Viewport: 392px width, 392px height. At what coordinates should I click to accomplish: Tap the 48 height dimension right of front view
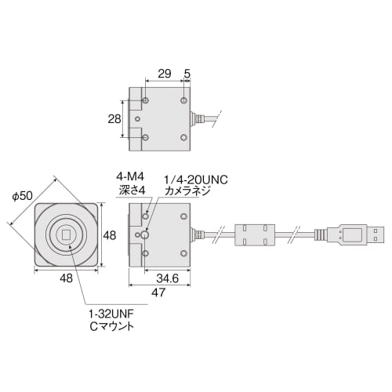click(x=111, y=234)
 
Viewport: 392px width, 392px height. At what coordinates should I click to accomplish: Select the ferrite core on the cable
click(x=257, y=234)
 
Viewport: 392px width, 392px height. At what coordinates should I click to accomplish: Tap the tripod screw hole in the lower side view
click(x=147, y=234)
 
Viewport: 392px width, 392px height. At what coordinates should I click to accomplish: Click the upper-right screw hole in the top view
click(x=183, y=100)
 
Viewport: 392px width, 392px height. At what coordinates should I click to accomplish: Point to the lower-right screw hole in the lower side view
click(x=182, y=253)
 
